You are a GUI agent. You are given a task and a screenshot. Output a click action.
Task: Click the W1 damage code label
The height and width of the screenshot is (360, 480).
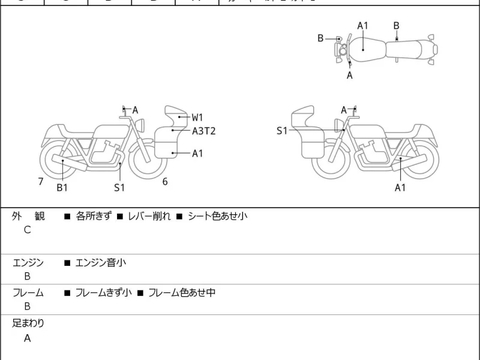[x=197, y=117]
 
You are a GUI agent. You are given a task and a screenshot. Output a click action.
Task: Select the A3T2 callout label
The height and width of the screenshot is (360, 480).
[x=203, y=131]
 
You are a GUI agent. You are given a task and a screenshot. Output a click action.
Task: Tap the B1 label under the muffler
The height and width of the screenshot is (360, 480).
[x=62, y=188]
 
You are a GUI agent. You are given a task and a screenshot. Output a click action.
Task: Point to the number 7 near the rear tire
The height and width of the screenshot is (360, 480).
[x=40, y=181]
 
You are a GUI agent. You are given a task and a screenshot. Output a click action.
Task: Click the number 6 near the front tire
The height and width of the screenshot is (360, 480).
[x=164, y=181]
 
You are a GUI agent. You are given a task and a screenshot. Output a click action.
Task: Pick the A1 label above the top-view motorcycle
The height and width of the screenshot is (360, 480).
[x=363, y=25]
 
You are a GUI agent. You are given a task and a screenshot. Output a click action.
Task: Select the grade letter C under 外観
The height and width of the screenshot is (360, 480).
[x=27, y=230]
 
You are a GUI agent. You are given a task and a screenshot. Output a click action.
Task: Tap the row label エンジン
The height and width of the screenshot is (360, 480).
[x=28, y=262]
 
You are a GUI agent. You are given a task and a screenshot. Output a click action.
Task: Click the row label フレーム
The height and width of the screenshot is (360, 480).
[x=28, y=293]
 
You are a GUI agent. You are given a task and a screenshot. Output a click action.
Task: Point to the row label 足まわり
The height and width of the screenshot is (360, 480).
[x=28, y=323]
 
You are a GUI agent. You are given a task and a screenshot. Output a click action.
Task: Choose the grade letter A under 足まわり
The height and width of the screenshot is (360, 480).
[x=27, y=338]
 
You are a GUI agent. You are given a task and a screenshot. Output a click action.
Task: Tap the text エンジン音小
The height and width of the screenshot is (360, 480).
[x=100, y=262]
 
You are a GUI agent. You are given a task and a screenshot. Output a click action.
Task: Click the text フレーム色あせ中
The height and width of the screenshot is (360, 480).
[x=182, y=293]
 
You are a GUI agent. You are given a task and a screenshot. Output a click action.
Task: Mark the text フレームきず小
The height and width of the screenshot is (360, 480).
[x=103, y=293]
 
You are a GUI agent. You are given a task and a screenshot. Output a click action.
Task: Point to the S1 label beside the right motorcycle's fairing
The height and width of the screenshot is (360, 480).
[x=282, y=130]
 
